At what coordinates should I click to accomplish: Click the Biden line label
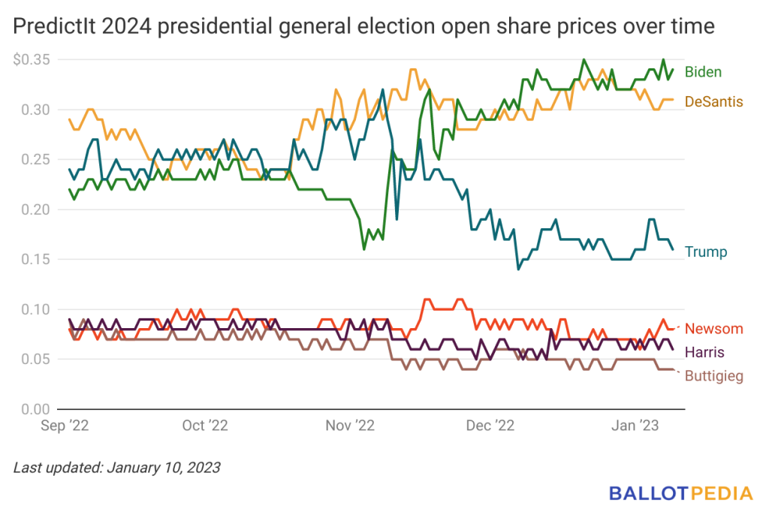click(x=703, y=72)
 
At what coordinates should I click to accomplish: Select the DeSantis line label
click(x=713, y=101)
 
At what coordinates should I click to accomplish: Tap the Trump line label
click(x=706, y=252)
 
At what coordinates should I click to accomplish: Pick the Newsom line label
click(x=713, y=328)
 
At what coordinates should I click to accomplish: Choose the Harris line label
click(x=704, y=352)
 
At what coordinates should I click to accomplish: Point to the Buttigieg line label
click(x=714, y=376)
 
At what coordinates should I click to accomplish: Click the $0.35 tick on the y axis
click(x=32, y=60)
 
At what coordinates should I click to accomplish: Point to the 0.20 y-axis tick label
click(x=35, y=209)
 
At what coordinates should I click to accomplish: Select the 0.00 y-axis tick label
click(x=35, y=409)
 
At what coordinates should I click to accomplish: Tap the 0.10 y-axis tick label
click(x=35, y=309)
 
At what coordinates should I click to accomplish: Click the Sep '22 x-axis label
click(x=65, y=425)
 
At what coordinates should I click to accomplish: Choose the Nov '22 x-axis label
click(x=350, y=425)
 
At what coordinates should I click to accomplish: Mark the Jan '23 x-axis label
click(x=635, y=425)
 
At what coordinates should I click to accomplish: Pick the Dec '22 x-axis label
click(x=490, y=425)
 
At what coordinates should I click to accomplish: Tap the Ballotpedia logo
click(x=680, y=493)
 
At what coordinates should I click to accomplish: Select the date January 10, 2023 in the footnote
click(x=164, y=468)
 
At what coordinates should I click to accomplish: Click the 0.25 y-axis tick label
click(x=35, y=160)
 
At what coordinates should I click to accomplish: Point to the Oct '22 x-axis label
click(x=205, y=425)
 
